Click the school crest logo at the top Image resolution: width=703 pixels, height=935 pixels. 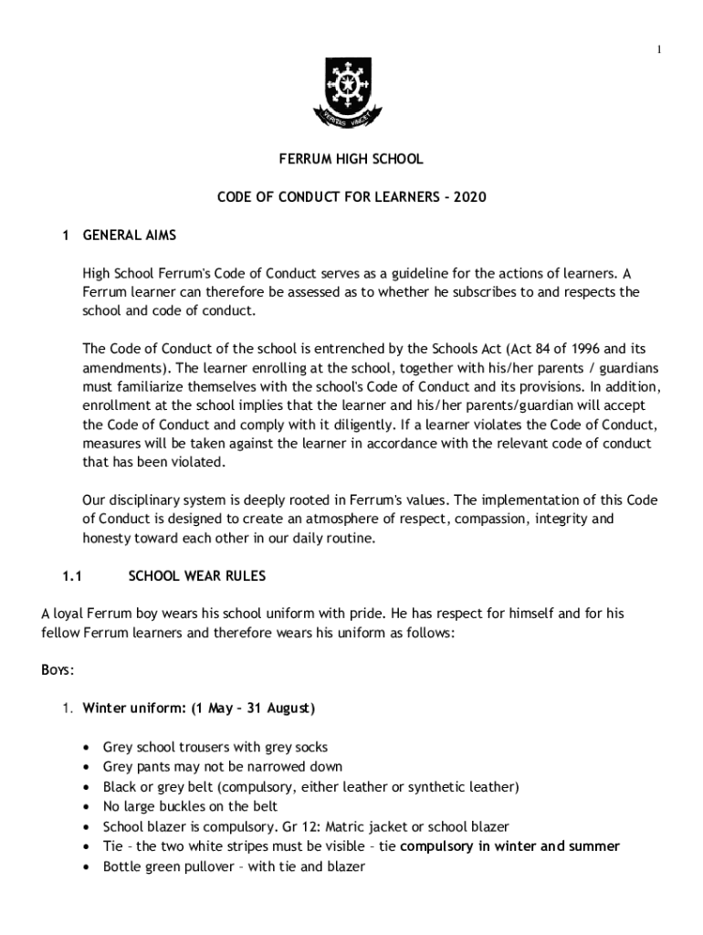pyautogui.click(x=351, y=91)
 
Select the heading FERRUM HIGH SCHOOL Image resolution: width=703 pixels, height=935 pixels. pyautogui.click(x=351, y=159)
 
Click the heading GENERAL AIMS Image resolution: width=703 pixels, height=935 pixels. pyautogui.click(x=129, y=235)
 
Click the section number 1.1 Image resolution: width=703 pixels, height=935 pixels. pyautogui.click(x=72, y=576)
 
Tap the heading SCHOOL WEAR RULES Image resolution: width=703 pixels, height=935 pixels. pyautogui.click(x=196, y=576)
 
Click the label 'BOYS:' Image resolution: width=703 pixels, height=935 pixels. pyautogui.click(x=58, y=669)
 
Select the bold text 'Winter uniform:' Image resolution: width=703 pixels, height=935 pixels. pyautogui.click(x=131, y=708)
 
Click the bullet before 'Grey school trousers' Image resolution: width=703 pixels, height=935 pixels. pyautogui.click(x=87, y=747)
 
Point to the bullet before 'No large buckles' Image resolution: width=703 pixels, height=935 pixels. pyautogui.click(x=87, y=806)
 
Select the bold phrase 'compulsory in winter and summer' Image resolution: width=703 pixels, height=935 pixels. pyautogui.click(x=509, y=846)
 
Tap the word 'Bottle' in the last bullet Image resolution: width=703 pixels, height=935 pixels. pyautogui.click(x=121, y=867)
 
